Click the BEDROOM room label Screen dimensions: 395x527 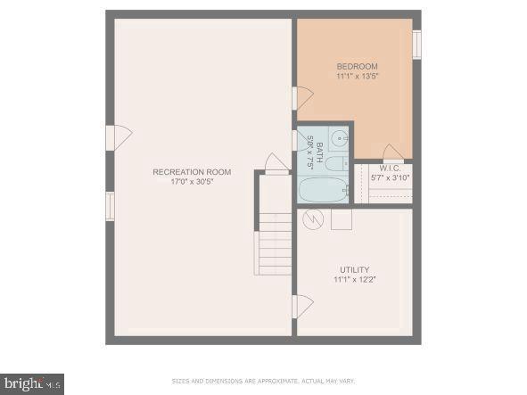pyautogui.click(x=357, y=66)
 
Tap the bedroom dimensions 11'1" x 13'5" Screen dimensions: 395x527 pyautogui.click(x=357, y=77)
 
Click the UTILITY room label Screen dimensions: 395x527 pyautogui.click(x=354, y=269)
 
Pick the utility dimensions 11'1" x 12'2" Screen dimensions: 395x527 pyautogui.click(x=354, y=280)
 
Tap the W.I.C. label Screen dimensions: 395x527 pyautogui.click(x=390, y=168)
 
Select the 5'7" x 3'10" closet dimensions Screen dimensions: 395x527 pyautogui.click(x=390, y=178)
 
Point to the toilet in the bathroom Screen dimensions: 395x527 pyautogui.click(x=337, y=162)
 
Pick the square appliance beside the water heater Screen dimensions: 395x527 pyautogui.click(x=341, y=219)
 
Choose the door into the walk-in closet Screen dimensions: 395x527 pyautogui.click(x=392, y=152)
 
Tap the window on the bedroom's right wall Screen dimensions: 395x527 pyautogui.click(x=416, y=45)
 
